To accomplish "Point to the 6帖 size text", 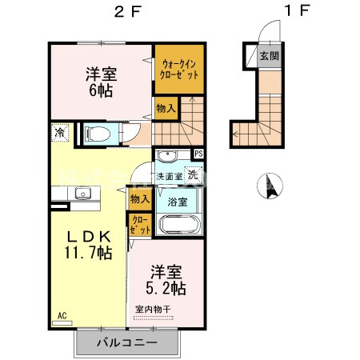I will click(x=102, y=91).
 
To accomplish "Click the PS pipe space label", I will click(x=198, y=154).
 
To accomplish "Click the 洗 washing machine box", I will click(x=193, y=174).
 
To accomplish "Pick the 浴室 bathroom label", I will click(x=177, y=201).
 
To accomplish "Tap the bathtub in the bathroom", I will click(x=176, y=223).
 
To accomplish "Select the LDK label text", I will click(x=88, y=237).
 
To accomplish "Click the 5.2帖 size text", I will click(x=165, y=286).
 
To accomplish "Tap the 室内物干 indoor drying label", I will click(x=154, y=309).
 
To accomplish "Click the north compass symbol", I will click(x=266, y=186).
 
